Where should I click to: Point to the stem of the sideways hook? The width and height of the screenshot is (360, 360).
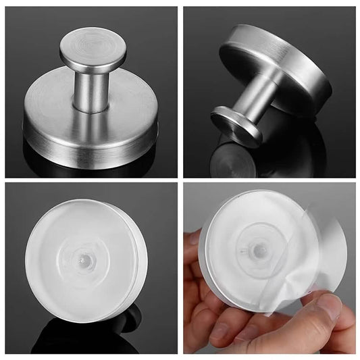click(257, 95)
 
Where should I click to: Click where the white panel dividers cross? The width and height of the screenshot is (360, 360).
click(180, 180)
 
